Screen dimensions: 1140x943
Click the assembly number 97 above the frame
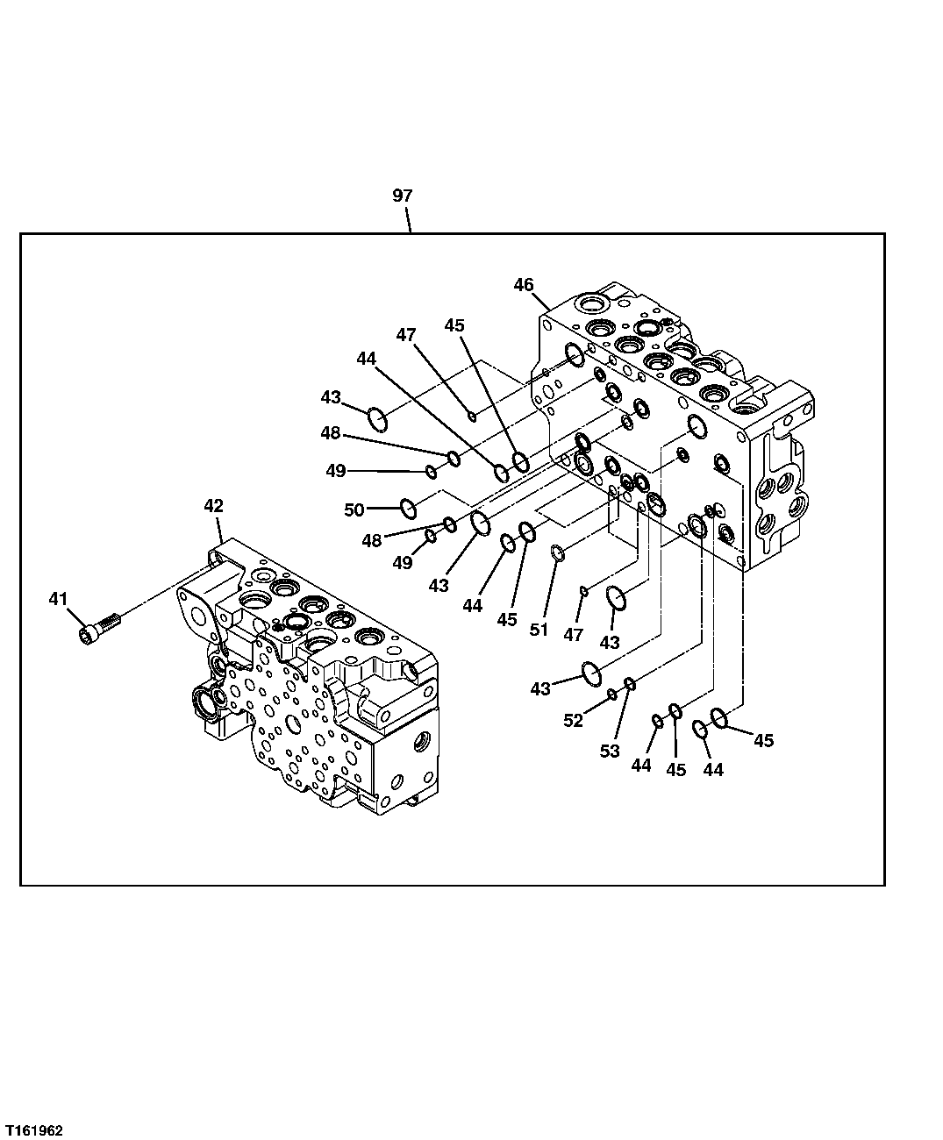click(402, 196)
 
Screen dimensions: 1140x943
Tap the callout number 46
click(524, 284)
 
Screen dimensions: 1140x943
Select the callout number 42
click(213, 506)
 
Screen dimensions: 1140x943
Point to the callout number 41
click(58, 599)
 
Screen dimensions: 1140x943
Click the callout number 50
click(354, 509)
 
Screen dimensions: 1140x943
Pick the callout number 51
click(539, 629)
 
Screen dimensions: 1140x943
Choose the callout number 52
click(573, 720)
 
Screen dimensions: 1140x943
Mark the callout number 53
click(610, 751)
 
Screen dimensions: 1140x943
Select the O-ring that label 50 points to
click(408, 507)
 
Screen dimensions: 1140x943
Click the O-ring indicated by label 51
click(558, 552)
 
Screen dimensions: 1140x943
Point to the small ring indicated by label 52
click(612, 695)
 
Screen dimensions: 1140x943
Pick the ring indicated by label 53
click(630, 684)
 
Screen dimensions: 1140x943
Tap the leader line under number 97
click(409, 220)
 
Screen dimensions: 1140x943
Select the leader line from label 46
click(541, 300)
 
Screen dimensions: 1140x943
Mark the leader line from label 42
click(222, 528)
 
